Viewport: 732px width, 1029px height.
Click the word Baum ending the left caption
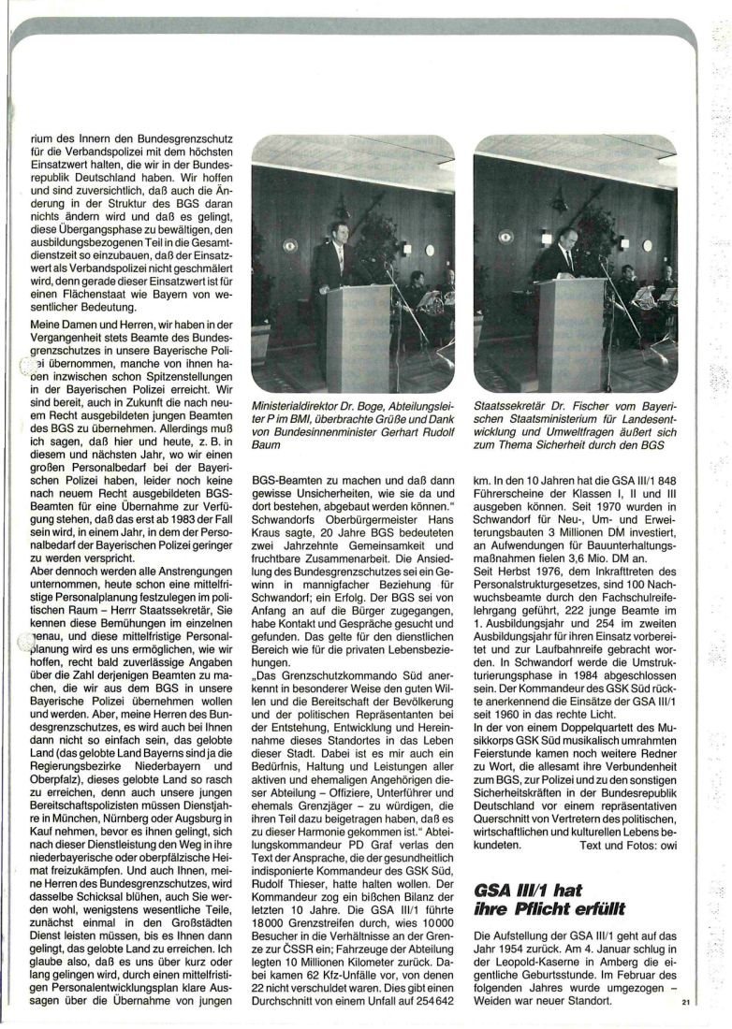point(269,445)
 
